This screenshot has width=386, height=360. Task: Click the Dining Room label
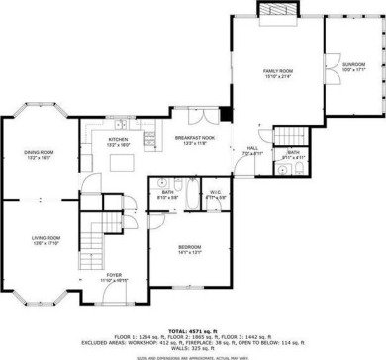click(37, 151)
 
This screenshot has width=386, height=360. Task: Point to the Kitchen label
click(120, 139)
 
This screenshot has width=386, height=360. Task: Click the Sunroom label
click(354, 65)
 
